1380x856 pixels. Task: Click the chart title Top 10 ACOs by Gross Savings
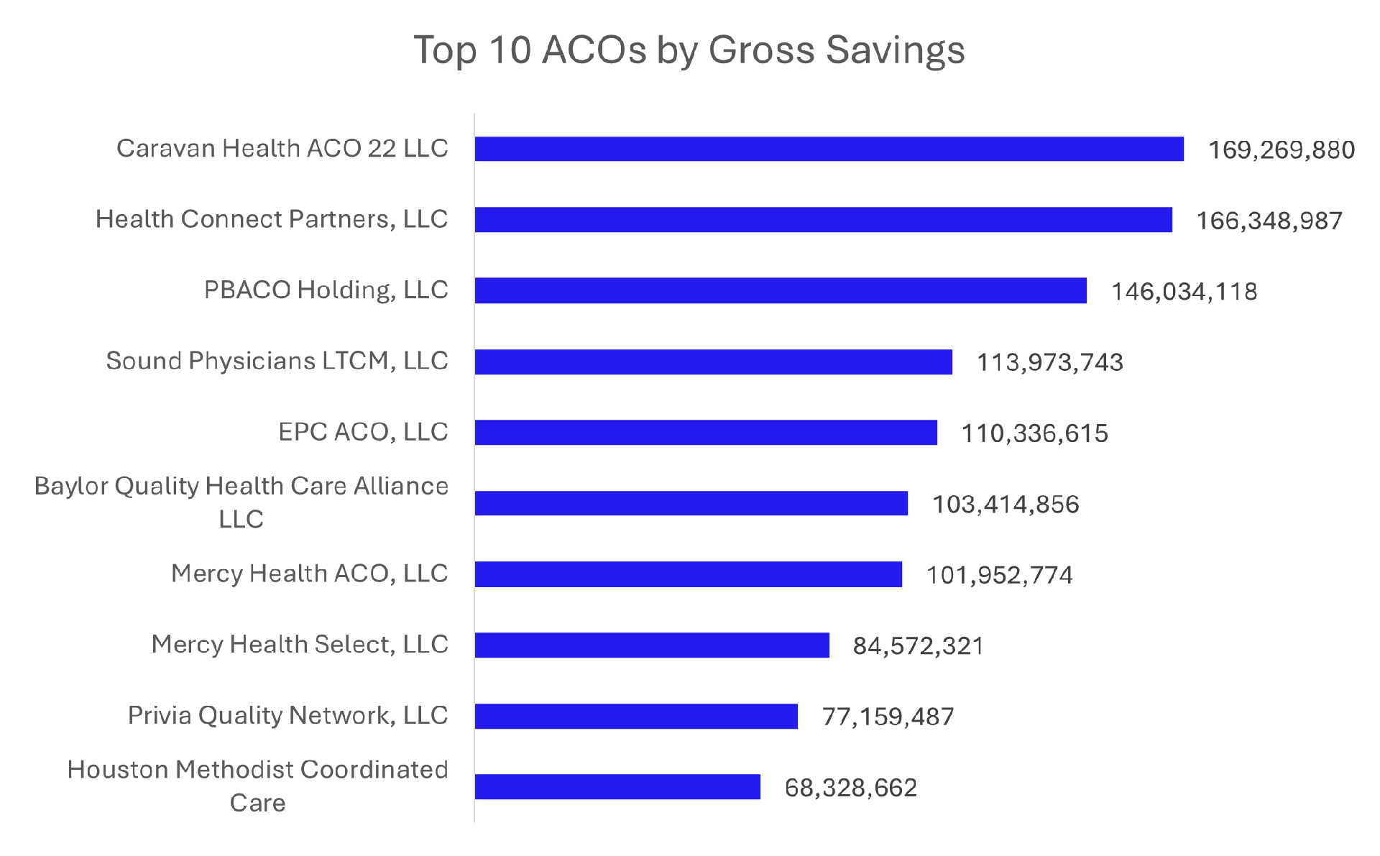(x=689, y=50)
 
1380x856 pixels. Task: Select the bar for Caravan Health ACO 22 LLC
(x=829, y=149)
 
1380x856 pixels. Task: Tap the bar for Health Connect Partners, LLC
(x=823, y=220)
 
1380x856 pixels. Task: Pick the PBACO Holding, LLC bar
(x=781, y=290)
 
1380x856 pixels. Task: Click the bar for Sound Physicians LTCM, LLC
(x=713, y=362)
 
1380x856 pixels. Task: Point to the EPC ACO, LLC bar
(x=706, y=433)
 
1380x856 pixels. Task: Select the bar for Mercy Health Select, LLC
(x=652, y=645)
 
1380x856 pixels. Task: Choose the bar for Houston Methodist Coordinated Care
(x=617, y=787)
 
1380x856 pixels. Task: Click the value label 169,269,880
(x=1281, y=150)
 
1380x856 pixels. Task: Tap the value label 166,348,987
(x=1269, y=221)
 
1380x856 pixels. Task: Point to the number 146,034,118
(x=1184, y=292)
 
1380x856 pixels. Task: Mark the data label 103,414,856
(x=1005, y=505)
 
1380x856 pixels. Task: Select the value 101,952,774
(x=999, y=575)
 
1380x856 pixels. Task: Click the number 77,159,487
(x=888, y=717)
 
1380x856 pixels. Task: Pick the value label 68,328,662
(x=850, y=788)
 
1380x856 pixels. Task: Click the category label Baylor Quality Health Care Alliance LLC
(x=241, y=502)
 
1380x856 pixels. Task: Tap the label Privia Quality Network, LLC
(x=287, y=715)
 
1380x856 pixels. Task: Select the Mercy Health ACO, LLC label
(x=309, y=574)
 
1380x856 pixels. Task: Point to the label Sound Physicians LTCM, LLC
(x=277, y=361)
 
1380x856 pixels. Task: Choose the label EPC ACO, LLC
(x=363, y=432)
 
